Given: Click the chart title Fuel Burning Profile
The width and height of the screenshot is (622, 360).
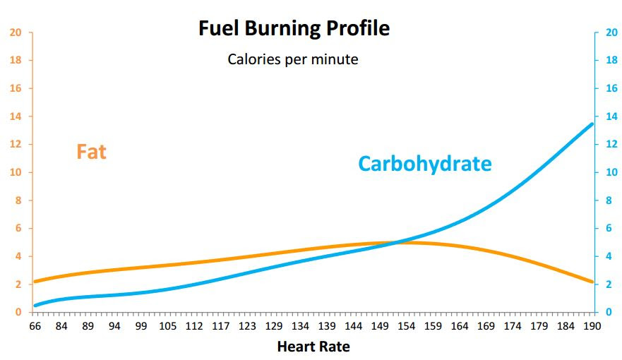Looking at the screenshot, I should click(294, 29).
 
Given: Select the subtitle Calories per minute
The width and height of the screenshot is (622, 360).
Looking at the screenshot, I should click(292, 59).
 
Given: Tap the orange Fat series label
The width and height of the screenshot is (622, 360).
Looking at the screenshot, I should click(91, 151).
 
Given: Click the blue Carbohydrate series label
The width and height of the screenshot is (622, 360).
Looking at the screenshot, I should click(424, 164).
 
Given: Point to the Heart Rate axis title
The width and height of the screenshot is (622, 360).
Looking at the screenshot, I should click(313, 347).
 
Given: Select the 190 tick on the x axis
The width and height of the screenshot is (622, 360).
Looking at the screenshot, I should click(592, 326).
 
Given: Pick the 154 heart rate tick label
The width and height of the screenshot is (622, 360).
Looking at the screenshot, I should click(406, 326).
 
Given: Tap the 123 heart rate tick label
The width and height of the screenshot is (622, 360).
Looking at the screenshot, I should click(247, 326).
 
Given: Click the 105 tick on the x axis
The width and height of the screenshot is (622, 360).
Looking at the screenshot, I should click(167, 326).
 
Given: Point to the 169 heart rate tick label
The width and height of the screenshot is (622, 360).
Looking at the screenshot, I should click(486, 326).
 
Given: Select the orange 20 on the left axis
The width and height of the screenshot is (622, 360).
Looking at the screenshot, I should click(16, 32).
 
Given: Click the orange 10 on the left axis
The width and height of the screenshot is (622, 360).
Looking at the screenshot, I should click(16, 172).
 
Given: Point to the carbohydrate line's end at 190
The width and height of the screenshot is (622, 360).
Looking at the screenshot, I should click(592, 124).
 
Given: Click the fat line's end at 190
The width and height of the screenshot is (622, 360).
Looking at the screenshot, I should click(592, 282).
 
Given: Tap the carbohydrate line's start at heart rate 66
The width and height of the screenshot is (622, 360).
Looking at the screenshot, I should click(35, 305).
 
